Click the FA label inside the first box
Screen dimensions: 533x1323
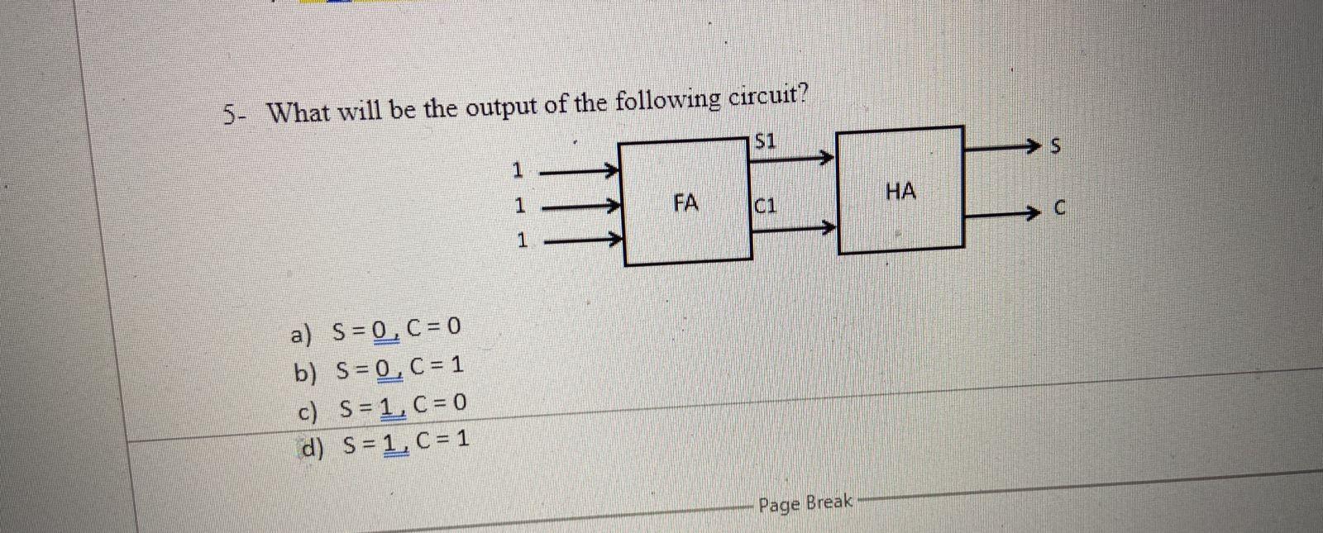(685, 203)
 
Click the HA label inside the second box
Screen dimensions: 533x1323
(900, 192)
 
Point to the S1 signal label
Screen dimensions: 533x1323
(767, 141)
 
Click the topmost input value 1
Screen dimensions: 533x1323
(518, 171)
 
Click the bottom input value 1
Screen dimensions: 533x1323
(522, 241)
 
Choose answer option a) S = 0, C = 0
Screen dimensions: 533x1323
(375, 332)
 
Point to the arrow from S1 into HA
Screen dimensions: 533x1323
(794, 156)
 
